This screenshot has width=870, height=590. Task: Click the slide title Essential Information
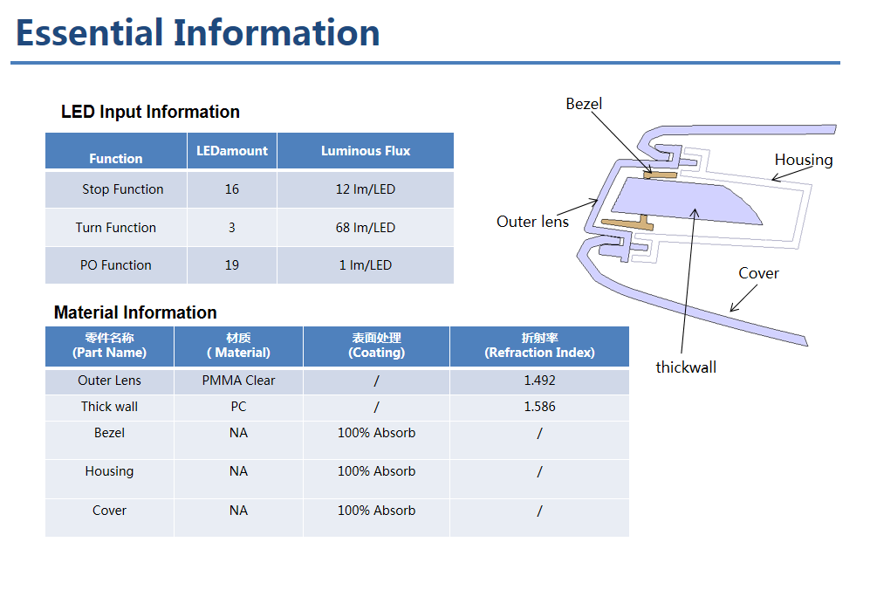197,33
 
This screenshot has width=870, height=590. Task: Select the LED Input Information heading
150,112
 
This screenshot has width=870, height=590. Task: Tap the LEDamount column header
232,151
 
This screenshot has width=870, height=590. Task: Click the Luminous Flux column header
366,151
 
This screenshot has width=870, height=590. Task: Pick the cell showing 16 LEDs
232,189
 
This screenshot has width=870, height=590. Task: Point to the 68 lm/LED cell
366,228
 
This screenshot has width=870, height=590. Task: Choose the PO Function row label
115,265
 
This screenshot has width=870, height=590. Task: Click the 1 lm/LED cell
366,265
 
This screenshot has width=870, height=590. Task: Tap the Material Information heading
135,312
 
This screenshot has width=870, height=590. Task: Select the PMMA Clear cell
238,381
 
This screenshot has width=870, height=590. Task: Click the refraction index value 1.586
540,407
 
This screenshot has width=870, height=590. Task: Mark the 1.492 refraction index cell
540,381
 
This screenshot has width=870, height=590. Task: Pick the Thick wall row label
109,407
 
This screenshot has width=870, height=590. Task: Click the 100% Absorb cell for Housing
377,471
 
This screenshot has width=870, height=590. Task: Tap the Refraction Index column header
540,346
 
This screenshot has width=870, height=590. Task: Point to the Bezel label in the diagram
584,104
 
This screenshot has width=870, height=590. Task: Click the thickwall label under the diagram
686,367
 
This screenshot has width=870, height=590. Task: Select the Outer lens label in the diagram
532,222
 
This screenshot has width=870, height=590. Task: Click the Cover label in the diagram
758,273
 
